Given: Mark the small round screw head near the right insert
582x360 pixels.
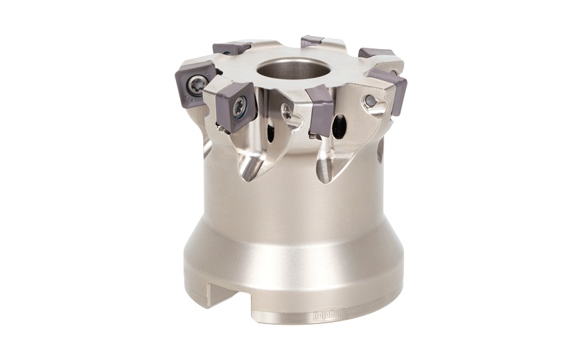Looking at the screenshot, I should [x=372, y=101].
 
